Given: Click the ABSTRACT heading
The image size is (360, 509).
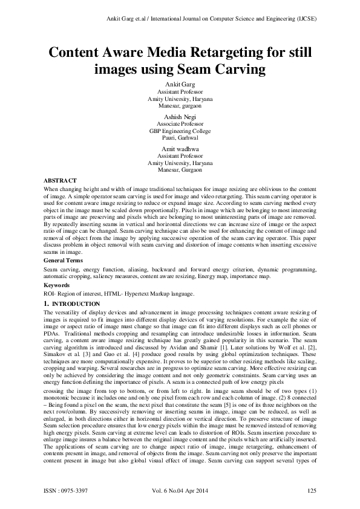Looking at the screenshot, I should tap(61, 180).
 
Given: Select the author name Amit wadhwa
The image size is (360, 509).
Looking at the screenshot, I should tap(180, 149).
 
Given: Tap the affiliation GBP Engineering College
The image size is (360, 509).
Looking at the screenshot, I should tap(180, 131).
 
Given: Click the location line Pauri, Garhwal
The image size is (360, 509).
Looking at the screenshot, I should tap(180, 137).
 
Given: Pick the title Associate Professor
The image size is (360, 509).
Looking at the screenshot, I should tap(180, 123).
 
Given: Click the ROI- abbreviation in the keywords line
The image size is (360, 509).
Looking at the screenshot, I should tap(51, 293).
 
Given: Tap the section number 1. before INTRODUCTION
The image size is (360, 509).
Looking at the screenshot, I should tap(47, 303).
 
